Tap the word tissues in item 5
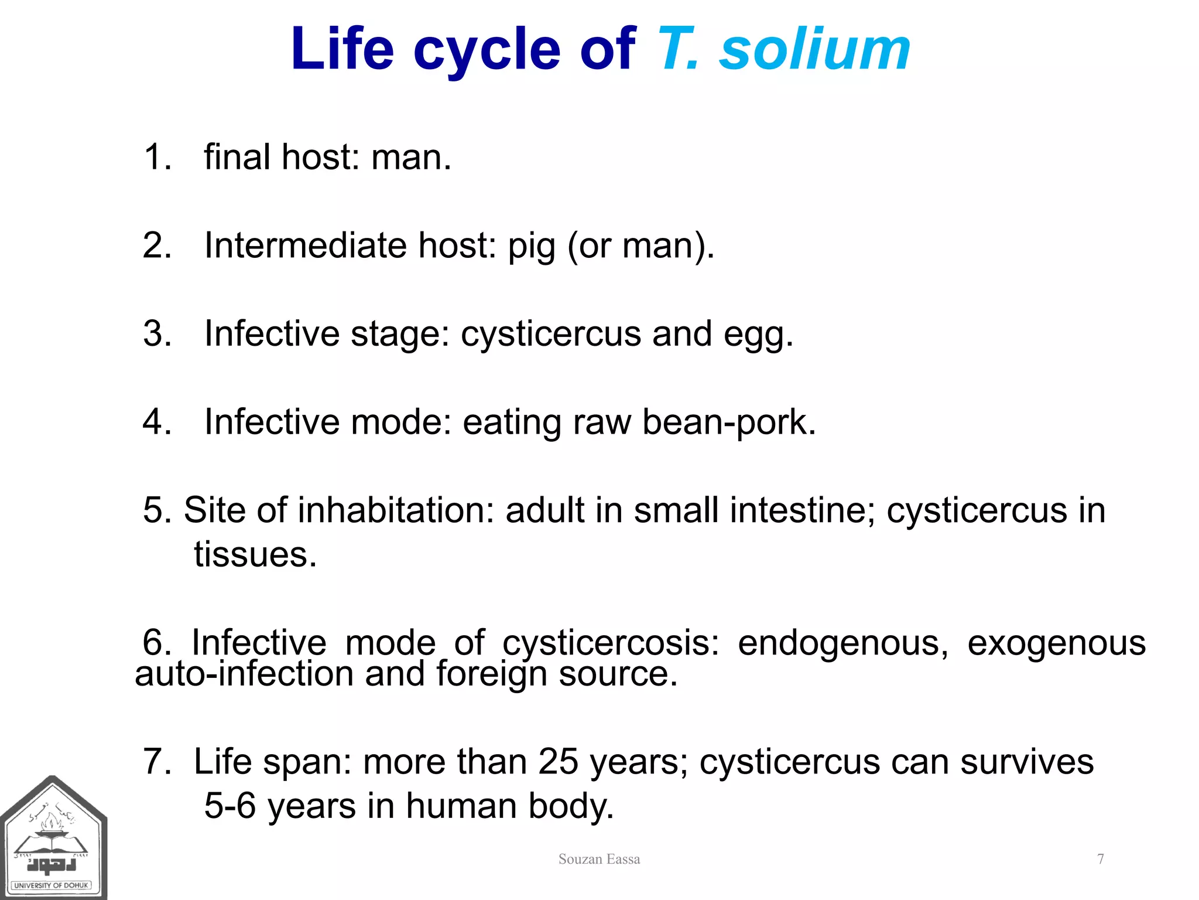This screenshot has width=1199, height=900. [255, 555]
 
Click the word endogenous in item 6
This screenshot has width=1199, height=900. [842, 643]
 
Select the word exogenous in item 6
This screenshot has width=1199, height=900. [1056, 643]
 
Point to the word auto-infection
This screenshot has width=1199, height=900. [244, 674]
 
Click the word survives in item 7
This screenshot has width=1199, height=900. [1026, 762]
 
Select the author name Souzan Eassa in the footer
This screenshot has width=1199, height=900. [599, 860]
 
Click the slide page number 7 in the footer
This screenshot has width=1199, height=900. [1101, 860]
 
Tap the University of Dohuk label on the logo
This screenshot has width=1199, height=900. [52, 885]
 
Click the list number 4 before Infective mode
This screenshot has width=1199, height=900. [156, 423]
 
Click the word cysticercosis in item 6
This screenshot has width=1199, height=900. [610, 643]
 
